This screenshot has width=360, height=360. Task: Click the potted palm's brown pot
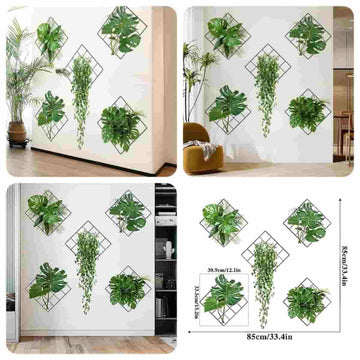point(16,131)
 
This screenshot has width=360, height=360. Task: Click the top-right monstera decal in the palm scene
point(122,30)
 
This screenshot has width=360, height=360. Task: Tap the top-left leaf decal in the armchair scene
point(225,35)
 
